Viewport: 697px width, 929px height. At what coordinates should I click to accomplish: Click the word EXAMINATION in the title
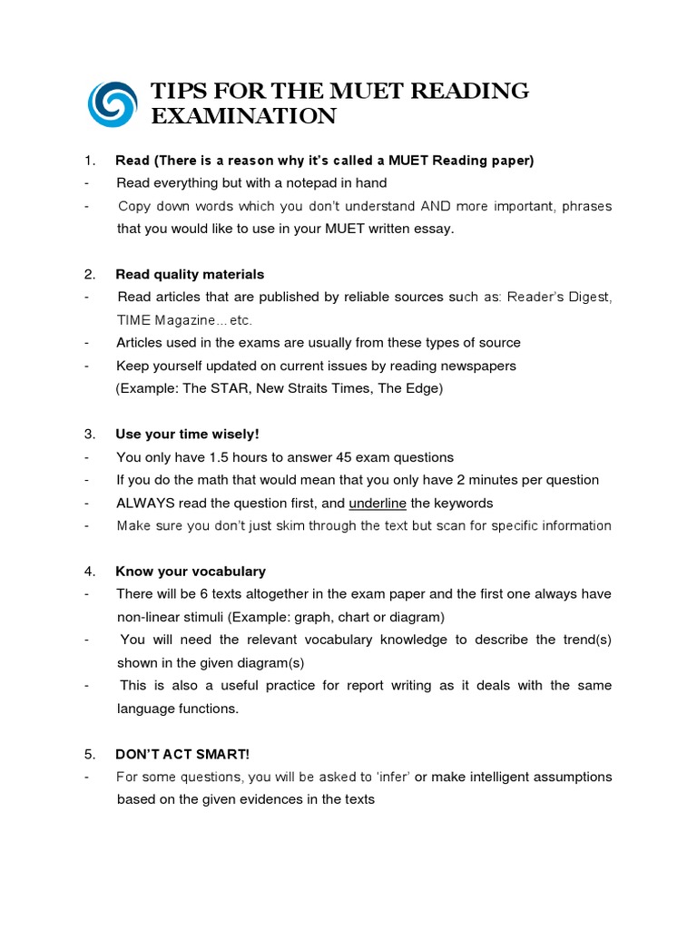click(x=243, y=116)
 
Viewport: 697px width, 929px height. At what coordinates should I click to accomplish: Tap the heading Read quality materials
click(x=190, y=274)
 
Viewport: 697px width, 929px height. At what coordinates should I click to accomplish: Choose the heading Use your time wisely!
click(x=187, y=434)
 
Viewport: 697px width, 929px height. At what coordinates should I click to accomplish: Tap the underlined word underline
click(x=378, y=503)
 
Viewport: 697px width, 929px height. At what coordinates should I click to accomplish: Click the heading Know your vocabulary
click(x=191, y=571)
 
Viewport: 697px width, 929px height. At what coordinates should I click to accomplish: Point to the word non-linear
click(x=151, y=617)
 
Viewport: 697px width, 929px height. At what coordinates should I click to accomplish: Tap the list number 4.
click(x=90, y=571)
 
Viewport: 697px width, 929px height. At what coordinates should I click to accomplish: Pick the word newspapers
click(x=472, y=366)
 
